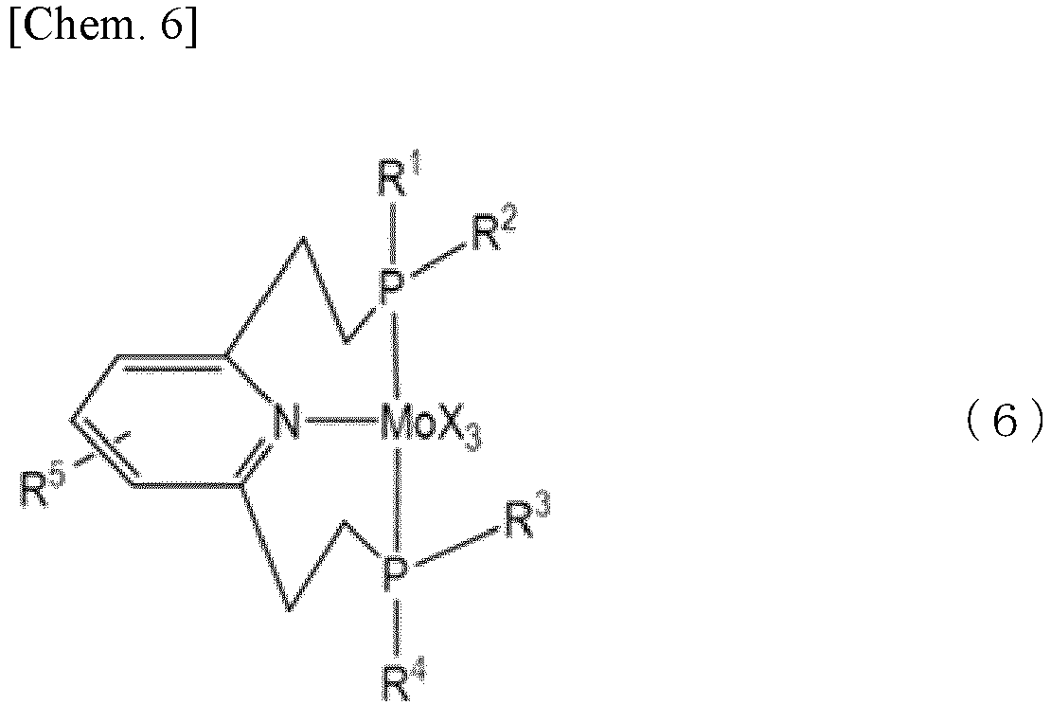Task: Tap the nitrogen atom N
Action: click(x=287, y=423)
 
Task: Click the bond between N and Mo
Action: click(x=340, y=423)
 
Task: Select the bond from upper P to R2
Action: click(x=438, y=261)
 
